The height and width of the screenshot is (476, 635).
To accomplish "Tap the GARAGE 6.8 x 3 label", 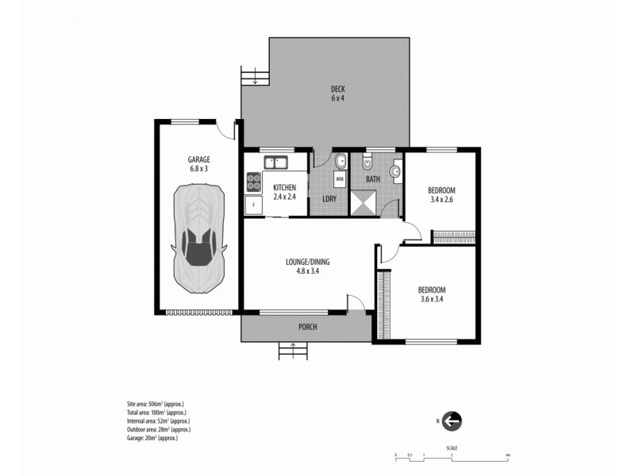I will tap(198, 163).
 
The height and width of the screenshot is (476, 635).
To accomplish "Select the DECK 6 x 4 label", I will tap(337, 94).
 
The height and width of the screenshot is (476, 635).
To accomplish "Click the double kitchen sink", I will tap(275, 163).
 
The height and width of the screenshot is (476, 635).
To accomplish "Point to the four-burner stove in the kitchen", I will tap(253, 182).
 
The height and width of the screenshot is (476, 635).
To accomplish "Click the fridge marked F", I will tap(253, 205).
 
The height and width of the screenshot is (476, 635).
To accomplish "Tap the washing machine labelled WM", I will tap(340, 180).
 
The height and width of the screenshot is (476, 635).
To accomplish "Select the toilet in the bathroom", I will tap(366, 163).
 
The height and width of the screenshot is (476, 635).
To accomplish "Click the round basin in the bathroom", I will tap(395, 168).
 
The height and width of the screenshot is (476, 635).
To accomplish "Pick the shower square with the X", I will tap(366, 202).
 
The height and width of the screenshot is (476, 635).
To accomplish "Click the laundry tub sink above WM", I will tap(340, 163).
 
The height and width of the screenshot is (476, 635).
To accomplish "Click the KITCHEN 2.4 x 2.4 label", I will tap(284, 191).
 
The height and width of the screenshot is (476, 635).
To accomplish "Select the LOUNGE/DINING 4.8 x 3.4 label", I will tap(307, 266).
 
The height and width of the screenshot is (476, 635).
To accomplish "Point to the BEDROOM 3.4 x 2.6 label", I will tap(441, 195).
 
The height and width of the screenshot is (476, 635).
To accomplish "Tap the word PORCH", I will tap(308, 326).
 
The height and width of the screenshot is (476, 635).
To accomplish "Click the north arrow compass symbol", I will tap(452, 420).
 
